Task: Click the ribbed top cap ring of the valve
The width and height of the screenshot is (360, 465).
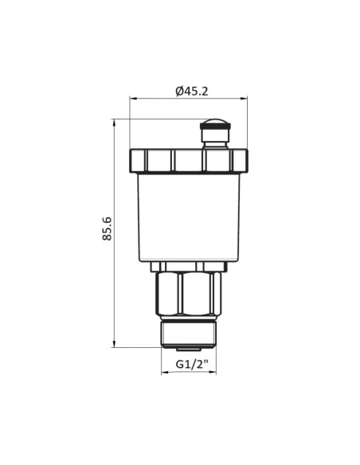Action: [188, 162]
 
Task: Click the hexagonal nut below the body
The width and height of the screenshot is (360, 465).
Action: [188, 293]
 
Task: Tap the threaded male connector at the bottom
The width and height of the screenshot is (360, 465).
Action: [188, 332]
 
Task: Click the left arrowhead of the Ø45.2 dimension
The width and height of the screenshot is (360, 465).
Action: [133, 100]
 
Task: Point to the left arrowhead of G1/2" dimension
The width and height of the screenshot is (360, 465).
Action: [164, 374]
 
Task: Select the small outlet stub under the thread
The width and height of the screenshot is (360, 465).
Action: [188, 349]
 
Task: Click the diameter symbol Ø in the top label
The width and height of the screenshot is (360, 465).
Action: [180, 91]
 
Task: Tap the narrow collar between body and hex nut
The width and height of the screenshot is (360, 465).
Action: [188, 267]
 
